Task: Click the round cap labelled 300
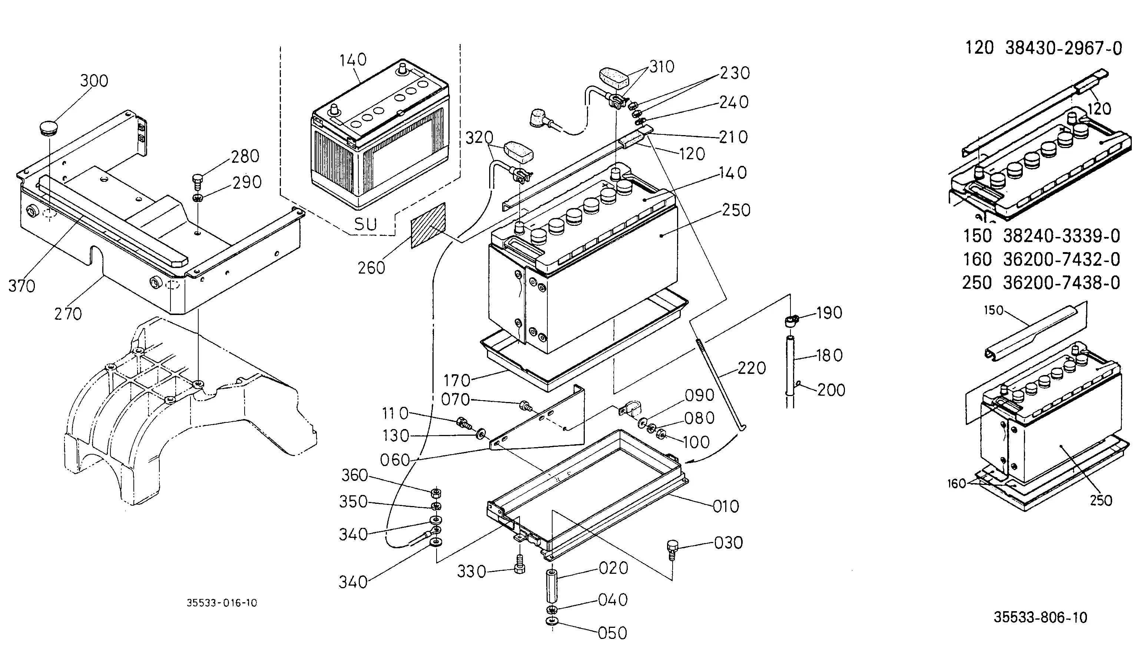click(x=49, y=127)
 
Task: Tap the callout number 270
click(x=68, y=314)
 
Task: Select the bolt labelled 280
click(x=197, y=182)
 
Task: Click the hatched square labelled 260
click(x=428, y=225)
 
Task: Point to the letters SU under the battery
click(x=365, y=224)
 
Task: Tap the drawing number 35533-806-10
click(x=1040, y=617)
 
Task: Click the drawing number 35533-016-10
click(x=222, y=603)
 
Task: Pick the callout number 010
click(x=726, y=506)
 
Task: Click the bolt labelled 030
click(x=672, y=549)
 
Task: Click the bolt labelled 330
click(x=520, y=564)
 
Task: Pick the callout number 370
click(x=21, y=286)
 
